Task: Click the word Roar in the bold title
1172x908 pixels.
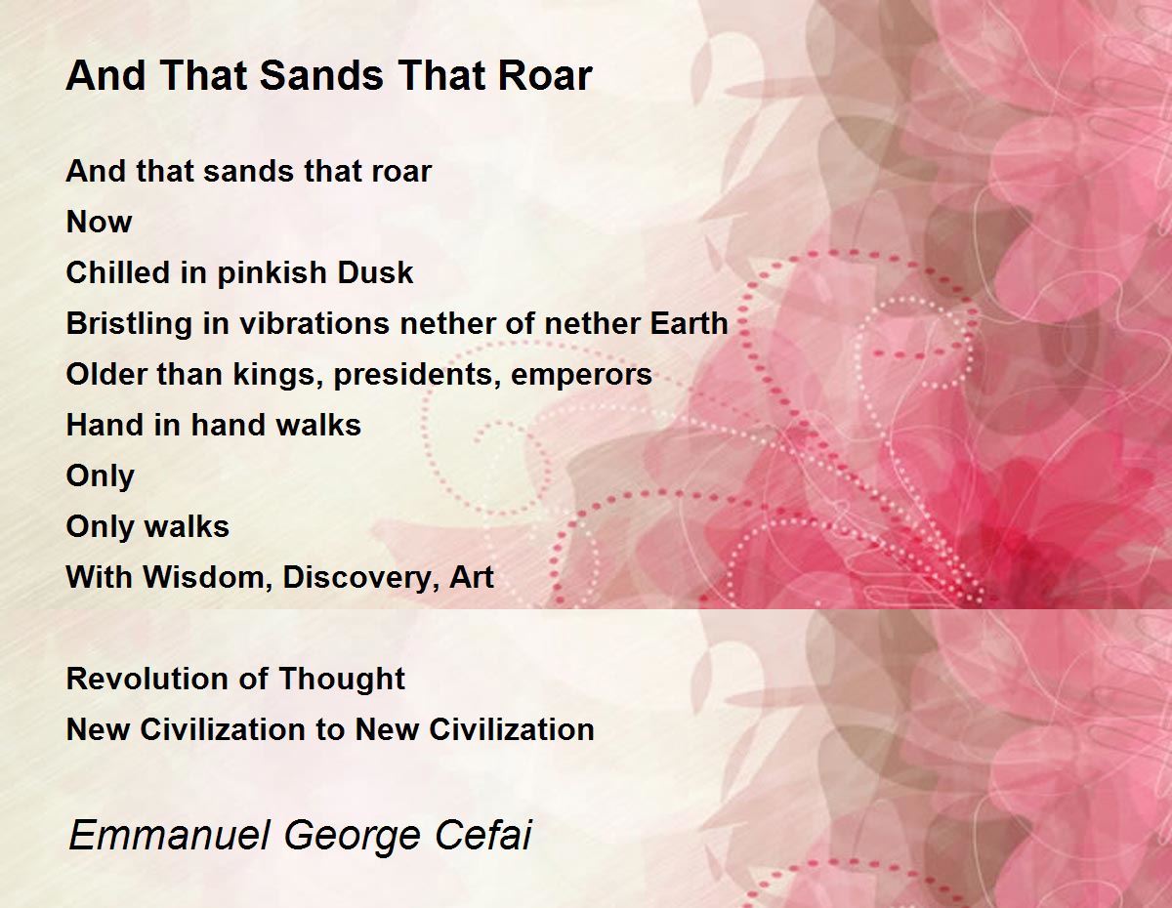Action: coord(545,75)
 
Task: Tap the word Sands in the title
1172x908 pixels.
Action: coord(321,75)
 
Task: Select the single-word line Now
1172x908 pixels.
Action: coord(99,222)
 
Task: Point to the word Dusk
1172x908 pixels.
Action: coord(375,272)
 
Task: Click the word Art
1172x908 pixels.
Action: coord(472,577)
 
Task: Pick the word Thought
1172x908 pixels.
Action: coord(342,680)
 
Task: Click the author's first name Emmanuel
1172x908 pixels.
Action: coord(169,835)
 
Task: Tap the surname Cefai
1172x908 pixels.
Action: coord(483,835)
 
